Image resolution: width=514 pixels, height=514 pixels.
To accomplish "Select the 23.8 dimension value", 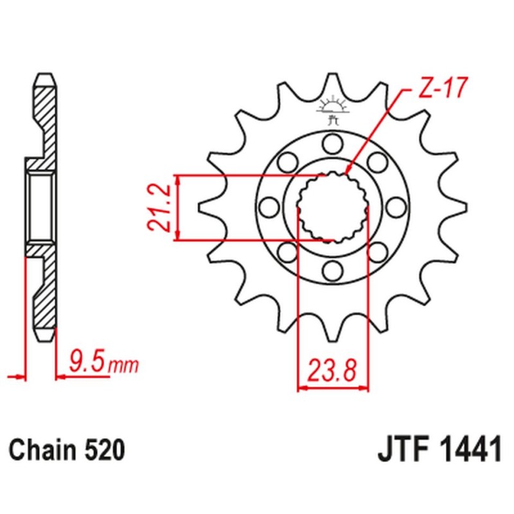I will (x=332, y=371).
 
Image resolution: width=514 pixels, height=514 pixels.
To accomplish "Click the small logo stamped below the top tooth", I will (x=332, y=109).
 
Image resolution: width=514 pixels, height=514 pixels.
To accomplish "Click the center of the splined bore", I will (x=332, y=206).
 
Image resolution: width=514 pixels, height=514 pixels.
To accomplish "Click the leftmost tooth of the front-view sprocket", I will (x=204, y=206).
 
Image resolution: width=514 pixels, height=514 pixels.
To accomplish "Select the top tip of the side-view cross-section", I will (x=44, y=76).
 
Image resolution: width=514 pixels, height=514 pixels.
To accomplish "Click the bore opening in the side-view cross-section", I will (x=41, y=206).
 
